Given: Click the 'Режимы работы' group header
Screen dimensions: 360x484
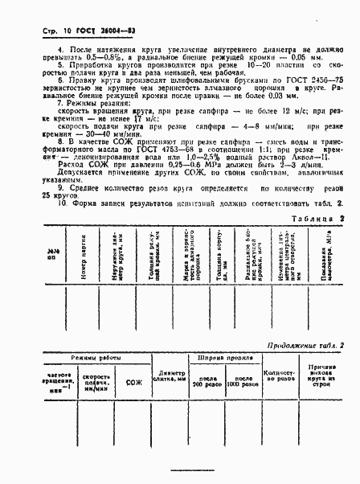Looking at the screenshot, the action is (x=87, y=359).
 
